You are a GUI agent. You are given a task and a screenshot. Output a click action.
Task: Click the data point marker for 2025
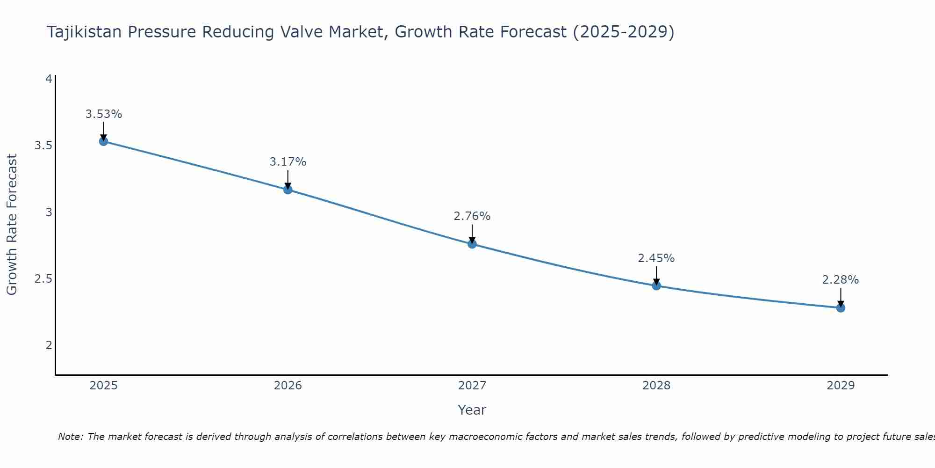click(x=104, y=141)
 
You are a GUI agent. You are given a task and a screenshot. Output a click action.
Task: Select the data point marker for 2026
click(x=288, y=190)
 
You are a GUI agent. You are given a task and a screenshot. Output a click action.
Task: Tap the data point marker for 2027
click(x=472, y=244)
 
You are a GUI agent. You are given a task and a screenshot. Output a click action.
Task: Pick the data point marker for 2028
click(x=656, y=285)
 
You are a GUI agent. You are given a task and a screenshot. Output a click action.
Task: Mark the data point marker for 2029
click(x=841, y=308)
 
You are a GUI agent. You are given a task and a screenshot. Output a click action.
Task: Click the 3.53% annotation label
click(x=104, y=114)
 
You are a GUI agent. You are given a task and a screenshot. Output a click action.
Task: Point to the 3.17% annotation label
click(x=288, y=162)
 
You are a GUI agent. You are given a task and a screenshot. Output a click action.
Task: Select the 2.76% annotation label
click(x=472, y=216)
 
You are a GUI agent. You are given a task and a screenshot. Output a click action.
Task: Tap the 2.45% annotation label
click(x=656, y=258)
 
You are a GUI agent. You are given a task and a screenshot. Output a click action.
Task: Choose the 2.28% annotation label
click(x=841, y=280)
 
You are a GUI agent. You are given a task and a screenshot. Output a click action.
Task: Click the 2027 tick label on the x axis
click(x=472, y=386)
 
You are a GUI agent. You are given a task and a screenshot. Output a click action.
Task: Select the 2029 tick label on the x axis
click(x=841, y=386)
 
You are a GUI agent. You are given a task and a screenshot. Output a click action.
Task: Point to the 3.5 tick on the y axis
click(x=43, y=146)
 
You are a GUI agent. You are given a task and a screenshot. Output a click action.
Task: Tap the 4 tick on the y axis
click(x=49, y=79)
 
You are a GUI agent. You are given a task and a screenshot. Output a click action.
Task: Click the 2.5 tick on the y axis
click(x=43, y=279)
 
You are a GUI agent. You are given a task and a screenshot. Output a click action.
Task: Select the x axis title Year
click(x=472, y=410)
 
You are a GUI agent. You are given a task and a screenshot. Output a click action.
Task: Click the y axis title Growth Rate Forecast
click(x=12, y=225)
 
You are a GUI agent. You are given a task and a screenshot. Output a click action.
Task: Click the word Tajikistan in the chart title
click(x=85, y=32)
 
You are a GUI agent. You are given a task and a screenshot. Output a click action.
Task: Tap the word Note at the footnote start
click(x=70, y=437)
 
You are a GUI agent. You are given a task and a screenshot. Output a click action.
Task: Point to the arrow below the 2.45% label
click(x=656, y=275)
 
